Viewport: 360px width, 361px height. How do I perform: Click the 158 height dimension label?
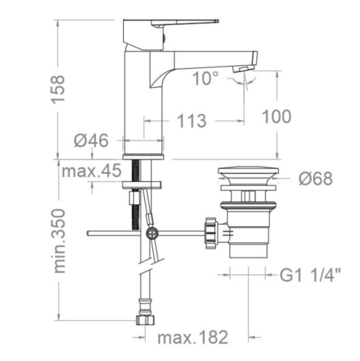click(x=58, y=89)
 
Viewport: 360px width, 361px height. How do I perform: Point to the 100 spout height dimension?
click(x=277, y=116)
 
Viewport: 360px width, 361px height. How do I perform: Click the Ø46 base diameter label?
click(x=91, y=141)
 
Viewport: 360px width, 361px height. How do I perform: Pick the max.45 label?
click(x=91, y=171)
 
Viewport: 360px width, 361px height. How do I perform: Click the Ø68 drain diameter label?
click(x=316, y=178)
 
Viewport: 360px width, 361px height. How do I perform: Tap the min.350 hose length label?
click(x=59, y=241)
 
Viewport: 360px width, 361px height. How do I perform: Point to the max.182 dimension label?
click(x=193, y=337)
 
